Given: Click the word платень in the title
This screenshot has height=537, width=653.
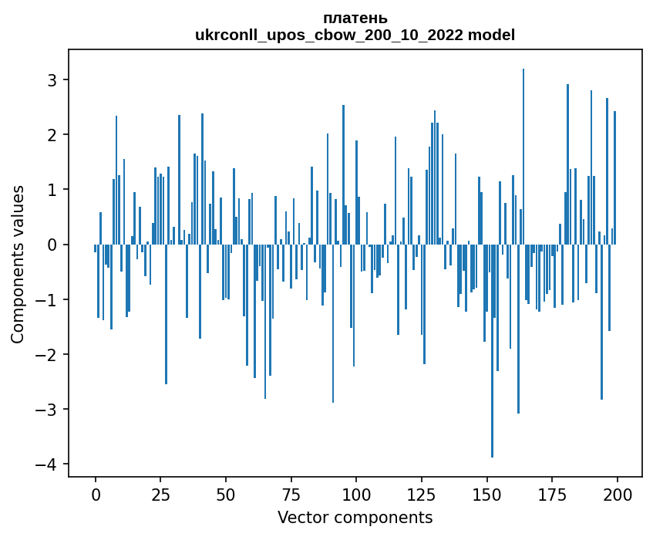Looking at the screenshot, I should point(355,18).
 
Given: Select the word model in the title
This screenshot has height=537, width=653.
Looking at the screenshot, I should point(494,35).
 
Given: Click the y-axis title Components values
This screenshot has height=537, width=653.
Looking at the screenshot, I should point(18,264).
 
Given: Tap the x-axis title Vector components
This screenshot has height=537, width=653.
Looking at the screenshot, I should point(355,517).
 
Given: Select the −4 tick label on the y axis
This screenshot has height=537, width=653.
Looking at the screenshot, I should point(49,464).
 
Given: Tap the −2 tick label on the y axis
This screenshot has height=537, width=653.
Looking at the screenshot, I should point(49,354).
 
